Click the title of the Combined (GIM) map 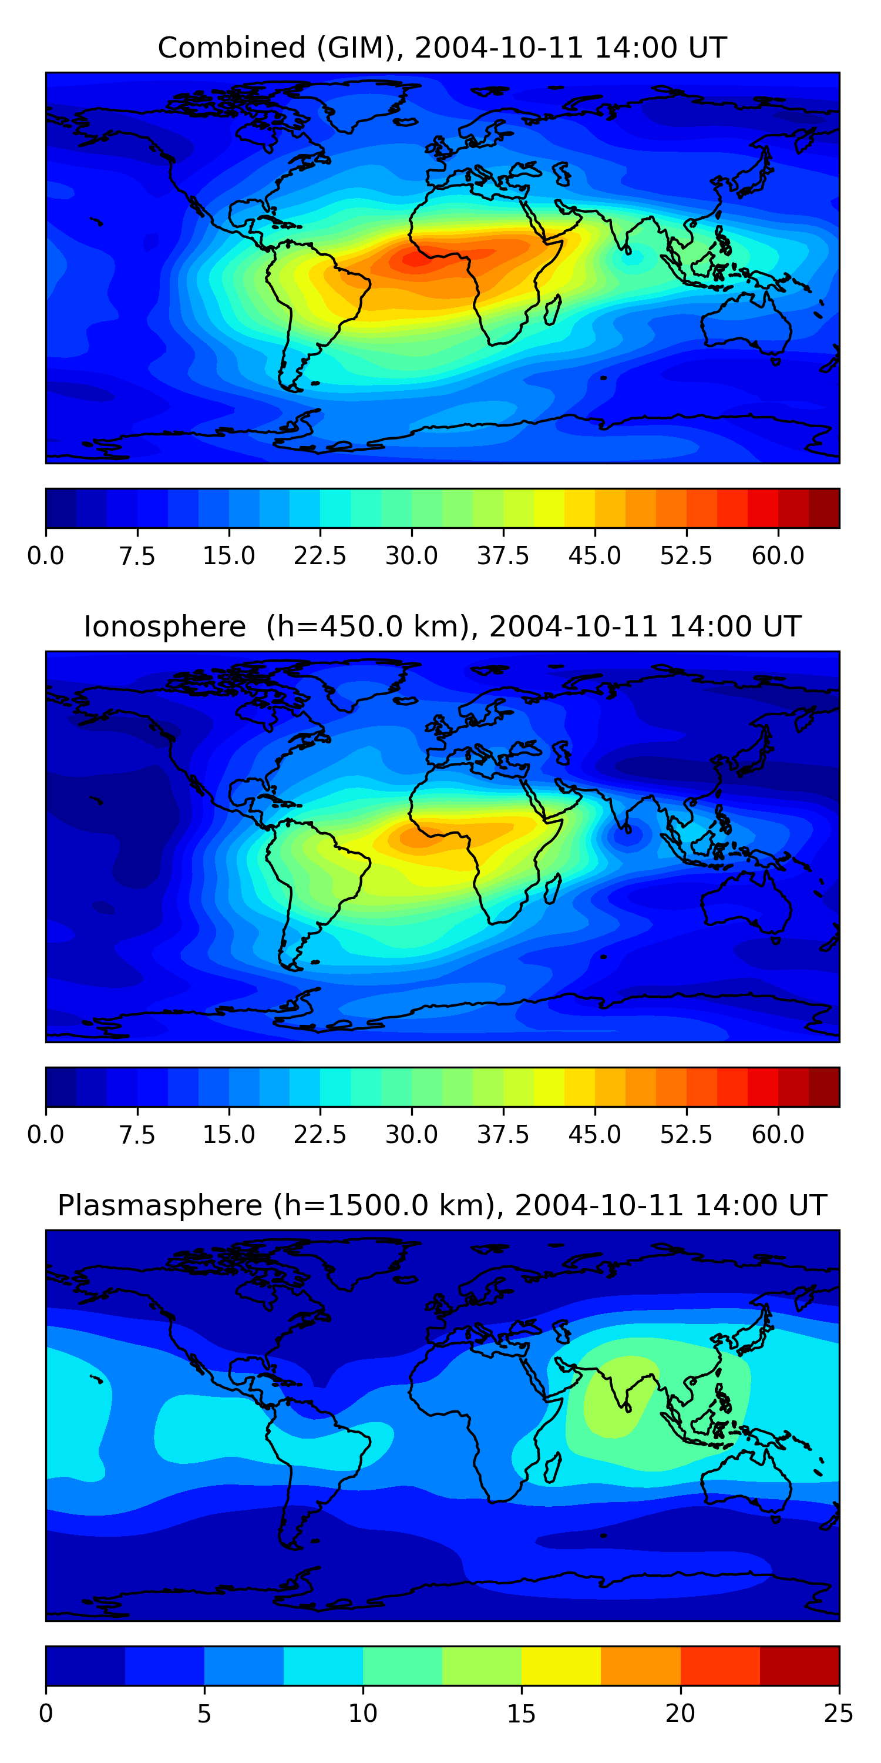tap(442, 48)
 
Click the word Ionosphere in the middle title tap(164, 627)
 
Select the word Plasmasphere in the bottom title tap(159, 1205)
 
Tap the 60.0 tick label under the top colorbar tap(778, 556)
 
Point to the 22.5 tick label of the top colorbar tap(320, 556)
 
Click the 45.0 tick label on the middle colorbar tap(594, 1135)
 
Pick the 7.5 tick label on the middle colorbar tap(137, 1135)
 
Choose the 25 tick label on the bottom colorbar tap(838, 1714)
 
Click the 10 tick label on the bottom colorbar tap(362, 1714)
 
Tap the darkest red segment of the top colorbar tap(823, 508)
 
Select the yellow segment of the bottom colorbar tap(561, 1666)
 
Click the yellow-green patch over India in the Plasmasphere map tap(616, 1396)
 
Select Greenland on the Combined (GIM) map tap(362, 103)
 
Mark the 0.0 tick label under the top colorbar tap(45, 556)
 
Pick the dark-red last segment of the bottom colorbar tap(799, 1666)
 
